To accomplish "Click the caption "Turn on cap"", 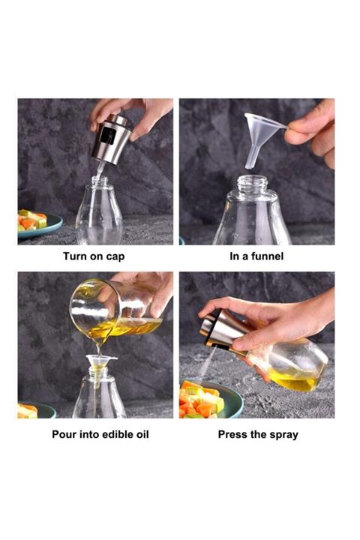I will [x=94, y=256].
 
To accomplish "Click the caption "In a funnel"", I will [x=256, y=256].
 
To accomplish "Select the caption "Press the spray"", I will [x=257, y=434].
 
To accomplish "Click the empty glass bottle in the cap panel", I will [x=99, y=214].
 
